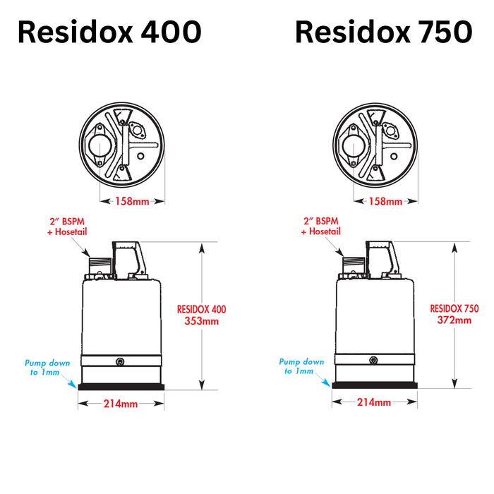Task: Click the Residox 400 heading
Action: [109, 32]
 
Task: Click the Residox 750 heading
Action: [383, 32]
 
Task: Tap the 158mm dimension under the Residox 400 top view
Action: [132, 202]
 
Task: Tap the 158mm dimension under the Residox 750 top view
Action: [385, 202]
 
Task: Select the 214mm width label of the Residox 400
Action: [121, 404]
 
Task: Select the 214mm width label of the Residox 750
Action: [374, 402]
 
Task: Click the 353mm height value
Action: [201, 321]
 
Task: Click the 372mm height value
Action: [454, 320]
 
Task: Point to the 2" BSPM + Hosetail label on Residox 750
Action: [321, 226]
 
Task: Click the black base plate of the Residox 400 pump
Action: [121, 386]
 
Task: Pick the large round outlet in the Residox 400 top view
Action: [97, 147]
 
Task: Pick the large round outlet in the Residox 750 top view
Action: [351, 147]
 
